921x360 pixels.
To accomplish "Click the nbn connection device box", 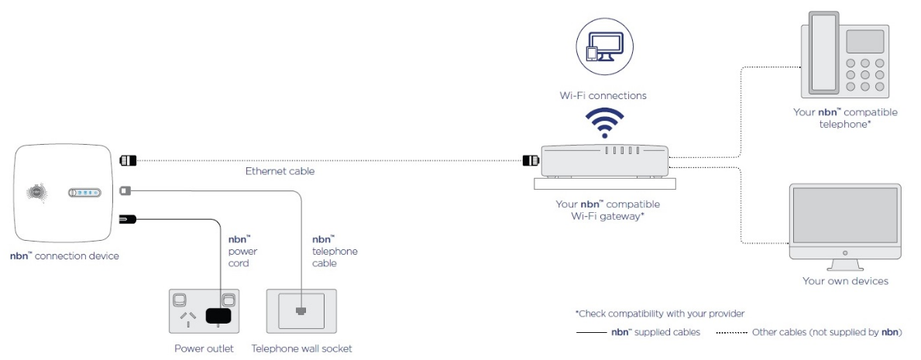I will [x=63, y=194].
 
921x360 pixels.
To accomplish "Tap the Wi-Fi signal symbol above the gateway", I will [x=603, y=122].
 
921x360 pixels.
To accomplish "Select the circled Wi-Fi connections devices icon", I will [x=603, y=49].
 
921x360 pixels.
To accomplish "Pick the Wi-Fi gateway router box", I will [x=604, y=160].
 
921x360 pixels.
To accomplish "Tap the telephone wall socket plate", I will [x=299, y=311].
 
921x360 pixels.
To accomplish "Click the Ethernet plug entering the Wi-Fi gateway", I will [x=531, y=161].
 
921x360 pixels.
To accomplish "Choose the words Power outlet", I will [x=204, y=348].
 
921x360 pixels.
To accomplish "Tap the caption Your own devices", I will [x=845, y=281].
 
